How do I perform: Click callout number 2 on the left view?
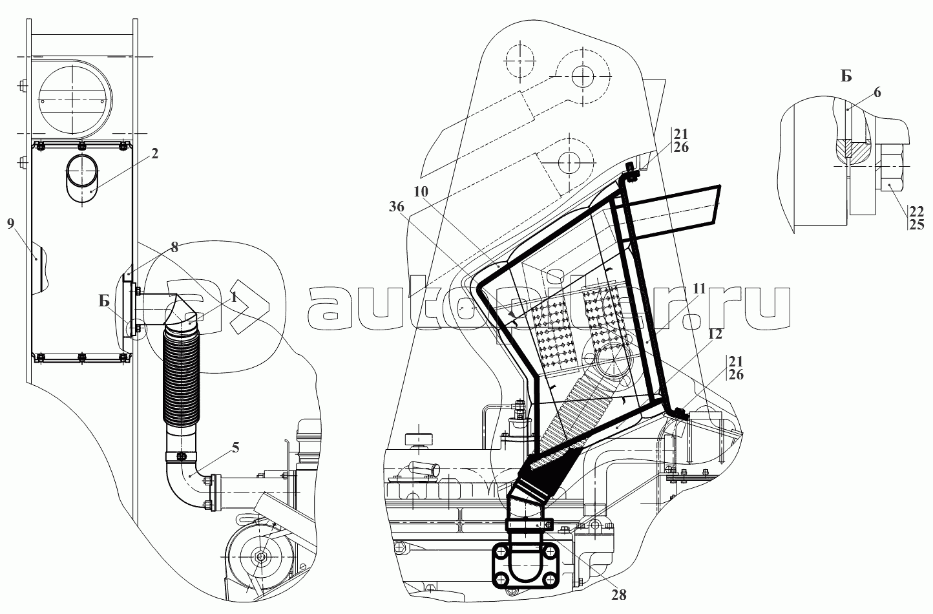155,153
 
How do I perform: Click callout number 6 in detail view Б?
876,92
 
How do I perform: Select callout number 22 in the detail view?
916,211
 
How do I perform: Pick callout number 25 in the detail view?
916,224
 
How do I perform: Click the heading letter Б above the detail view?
846,76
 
